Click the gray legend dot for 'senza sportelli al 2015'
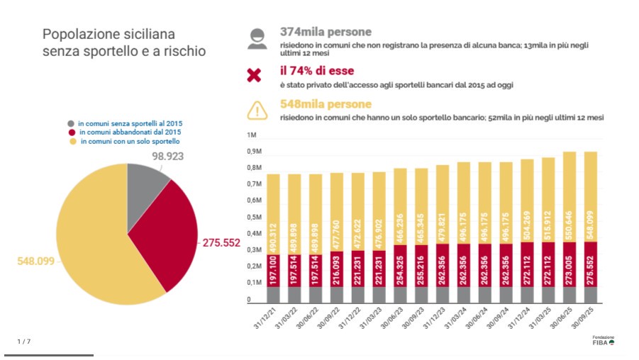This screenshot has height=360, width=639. (71, 123)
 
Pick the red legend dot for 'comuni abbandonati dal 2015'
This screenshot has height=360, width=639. (71, 133)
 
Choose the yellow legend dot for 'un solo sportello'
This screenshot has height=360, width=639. (71, 142)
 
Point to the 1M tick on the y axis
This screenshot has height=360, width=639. (252, 135)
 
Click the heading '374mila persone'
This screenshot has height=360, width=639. (326, 32)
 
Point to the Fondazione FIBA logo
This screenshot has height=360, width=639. (604, 340)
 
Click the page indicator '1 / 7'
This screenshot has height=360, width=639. (24, 342)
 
